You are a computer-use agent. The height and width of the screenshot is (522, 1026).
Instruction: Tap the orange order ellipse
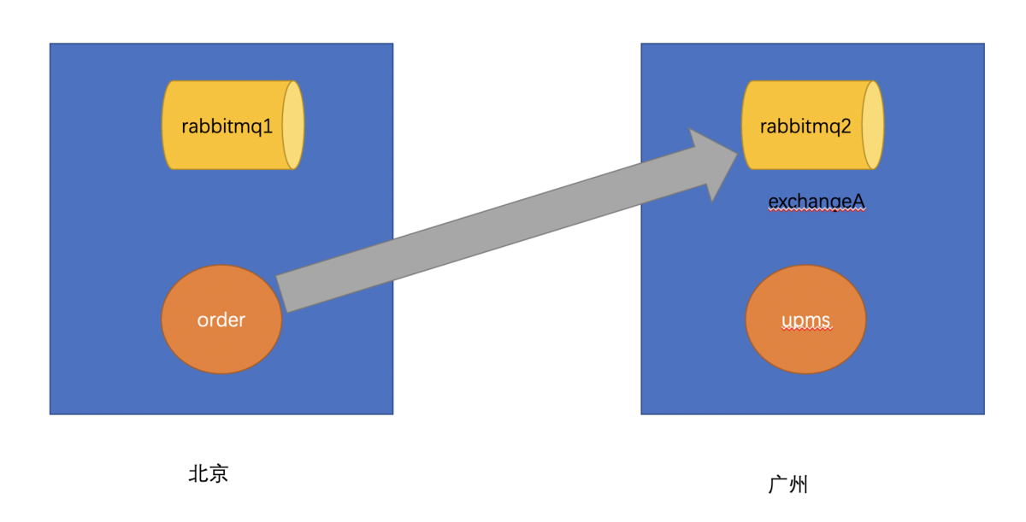221,320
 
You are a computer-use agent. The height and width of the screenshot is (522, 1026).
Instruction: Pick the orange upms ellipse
805,320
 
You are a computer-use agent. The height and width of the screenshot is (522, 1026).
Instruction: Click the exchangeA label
817,202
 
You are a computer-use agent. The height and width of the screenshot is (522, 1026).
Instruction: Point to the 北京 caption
209,473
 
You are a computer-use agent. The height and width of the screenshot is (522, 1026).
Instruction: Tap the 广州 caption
787,484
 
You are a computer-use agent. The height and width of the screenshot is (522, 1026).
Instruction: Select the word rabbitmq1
227,126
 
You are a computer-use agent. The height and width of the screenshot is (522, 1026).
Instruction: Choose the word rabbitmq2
805,126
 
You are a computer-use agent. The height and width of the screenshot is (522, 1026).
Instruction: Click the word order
221,320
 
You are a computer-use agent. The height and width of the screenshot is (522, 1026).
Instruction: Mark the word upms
805,321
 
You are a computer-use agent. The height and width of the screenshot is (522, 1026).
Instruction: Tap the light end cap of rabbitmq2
873,126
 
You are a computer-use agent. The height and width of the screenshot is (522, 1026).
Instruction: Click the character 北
198,473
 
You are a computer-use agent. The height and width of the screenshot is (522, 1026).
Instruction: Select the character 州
798,484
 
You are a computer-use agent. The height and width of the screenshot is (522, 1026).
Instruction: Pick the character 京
219,473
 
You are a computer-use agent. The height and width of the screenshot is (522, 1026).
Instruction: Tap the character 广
777,484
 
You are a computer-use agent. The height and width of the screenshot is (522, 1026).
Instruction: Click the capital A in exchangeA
859,202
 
